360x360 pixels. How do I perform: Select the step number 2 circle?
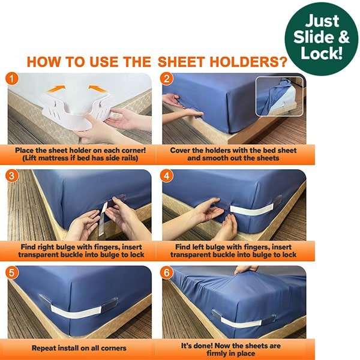coord(167,79)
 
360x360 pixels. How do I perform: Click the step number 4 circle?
coord(167,175)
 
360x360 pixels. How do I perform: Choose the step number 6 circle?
coord(167,271)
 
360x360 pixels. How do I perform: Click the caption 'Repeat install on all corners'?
coord(79,347)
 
